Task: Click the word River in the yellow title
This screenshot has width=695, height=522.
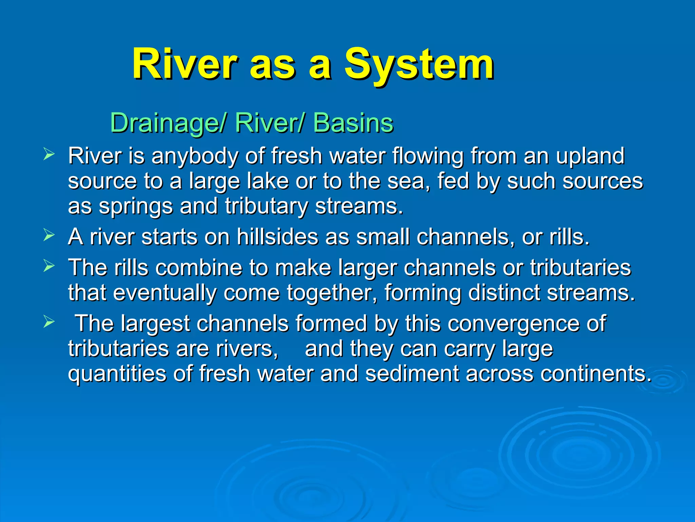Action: (185, 65)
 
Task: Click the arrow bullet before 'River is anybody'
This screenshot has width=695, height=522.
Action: (49, 154)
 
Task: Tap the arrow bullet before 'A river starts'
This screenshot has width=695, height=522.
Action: (49, 235)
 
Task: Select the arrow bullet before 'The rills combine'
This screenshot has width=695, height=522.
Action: (49, 266)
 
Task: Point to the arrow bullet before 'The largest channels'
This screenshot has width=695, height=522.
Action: (49, 321)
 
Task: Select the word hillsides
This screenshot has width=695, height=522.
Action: (277, 237)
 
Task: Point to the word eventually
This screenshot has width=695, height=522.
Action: (165, 293)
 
